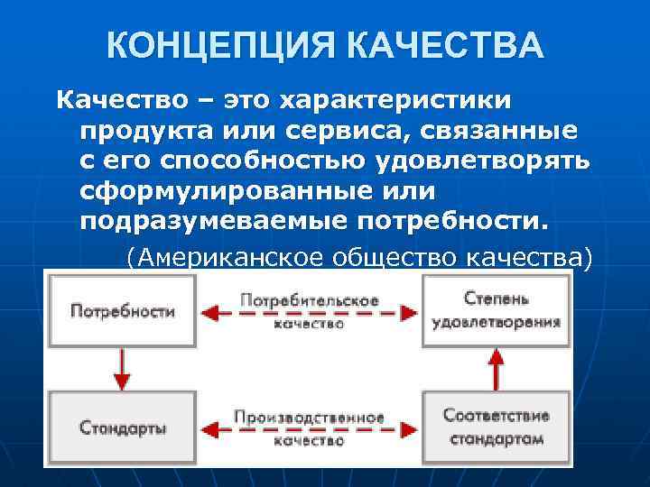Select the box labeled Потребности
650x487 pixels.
122,312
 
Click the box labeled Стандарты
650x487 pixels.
122,427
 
